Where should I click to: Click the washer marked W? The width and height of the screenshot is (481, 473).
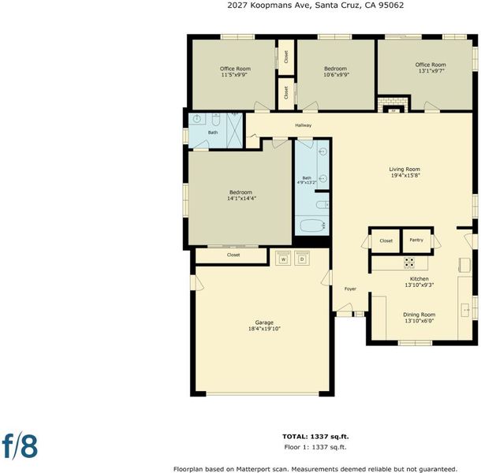pyautogui.click(x=283, y=258)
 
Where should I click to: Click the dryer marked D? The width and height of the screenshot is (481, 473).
pyautogui.click(x=302, y=258)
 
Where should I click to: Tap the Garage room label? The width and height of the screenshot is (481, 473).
pyautogui.click(x=264, y=322)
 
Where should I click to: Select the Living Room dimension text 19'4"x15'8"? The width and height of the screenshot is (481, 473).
pyautogui.click(x=405, y=176)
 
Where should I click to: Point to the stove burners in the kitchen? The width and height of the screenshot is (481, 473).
pyautogui.click(x=409, y=263)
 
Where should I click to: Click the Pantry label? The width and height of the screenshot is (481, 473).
pyautogui.click(x=416, y=240)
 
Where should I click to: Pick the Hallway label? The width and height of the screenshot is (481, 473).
pyautogui.click(x=303, y=125)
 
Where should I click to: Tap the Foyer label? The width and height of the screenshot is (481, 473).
pyautogui.click(x=350, y=289)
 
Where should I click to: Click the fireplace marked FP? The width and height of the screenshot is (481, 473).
pyautogui.click(x=394, y=110)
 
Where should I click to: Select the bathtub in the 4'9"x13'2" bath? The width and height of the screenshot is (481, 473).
pyautogui.click(x=312, y=225)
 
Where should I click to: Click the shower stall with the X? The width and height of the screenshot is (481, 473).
pyautogui.click(x=234, y=130)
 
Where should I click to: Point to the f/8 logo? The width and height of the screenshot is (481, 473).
pyautogui.click(x=20, y=445)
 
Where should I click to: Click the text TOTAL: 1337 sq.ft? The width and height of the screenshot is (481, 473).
pyautogui.click(x=315, y=437)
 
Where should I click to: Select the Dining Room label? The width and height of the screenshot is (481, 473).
pyautogui.click(x=419, y=315)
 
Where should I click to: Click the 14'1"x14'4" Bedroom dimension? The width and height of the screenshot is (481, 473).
pyautogui.click(x=241, y=199)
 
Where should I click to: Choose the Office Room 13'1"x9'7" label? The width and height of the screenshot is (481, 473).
pyautogui.click(x=431, y=68)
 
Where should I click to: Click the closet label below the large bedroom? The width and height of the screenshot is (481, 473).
pyautogui.click(x=233, y=255)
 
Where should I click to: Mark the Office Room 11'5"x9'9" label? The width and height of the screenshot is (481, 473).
pyautogui.click(x=235, y=72)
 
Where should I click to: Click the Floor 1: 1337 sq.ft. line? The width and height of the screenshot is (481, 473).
pyautogui.click(x=315, y=447)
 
